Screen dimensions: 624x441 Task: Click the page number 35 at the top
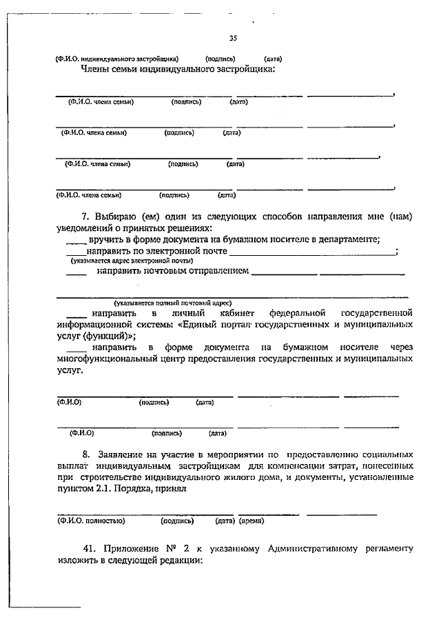pyautogui.click(x=232, y=39)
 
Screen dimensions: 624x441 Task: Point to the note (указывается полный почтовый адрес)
pyautogui.click(x=173, y=303)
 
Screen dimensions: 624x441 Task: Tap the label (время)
pyautogui.click(x=252, y=521)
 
